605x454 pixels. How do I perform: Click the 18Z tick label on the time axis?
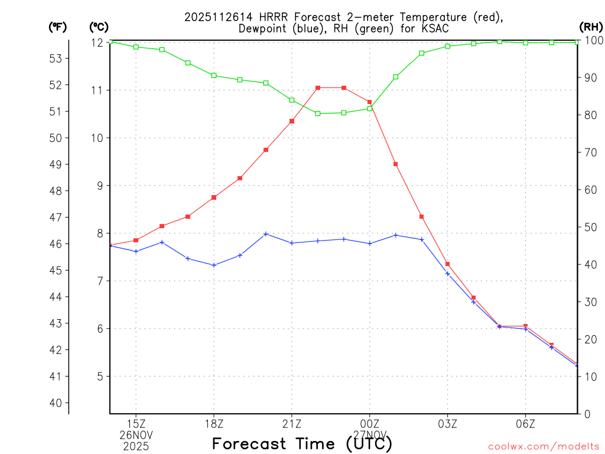[x=214, y=424]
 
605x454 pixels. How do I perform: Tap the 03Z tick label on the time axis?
[x=447, y=424]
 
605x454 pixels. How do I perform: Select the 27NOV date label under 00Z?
[x=370, y=435]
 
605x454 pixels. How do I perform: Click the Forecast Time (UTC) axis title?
[x=302, y=443]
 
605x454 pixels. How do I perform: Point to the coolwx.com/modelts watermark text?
[x=544, y=446]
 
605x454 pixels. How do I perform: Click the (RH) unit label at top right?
[x=591, y=27]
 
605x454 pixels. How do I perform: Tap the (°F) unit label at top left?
[x=58, y=27]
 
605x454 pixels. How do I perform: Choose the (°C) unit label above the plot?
[x=99, y=27]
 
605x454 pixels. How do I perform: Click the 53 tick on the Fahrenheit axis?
[x=56, y=59]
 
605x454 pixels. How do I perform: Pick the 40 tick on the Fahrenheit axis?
[x=56, y=403]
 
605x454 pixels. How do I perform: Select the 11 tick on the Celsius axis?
[x=96, y=90]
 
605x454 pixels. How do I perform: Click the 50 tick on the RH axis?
[x=590, y=228]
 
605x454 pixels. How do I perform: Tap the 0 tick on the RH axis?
[x=587, y=414]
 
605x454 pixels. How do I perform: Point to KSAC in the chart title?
[x=435, y=28]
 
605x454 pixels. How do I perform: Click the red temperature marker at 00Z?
[x=370, y=102]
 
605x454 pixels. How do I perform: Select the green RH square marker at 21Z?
[x=292, y=100]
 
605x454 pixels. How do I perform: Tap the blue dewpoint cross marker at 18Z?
[x=214, y=265]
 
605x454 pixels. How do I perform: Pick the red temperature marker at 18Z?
[x=214, y=197]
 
